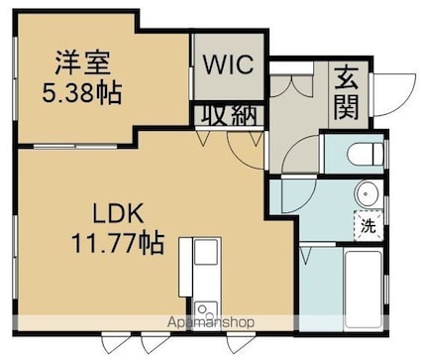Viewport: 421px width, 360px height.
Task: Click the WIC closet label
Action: pos(228,64)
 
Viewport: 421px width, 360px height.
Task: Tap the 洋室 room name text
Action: pos(82,62)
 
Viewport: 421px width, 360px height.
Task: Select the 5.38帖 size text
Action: pos(82,93)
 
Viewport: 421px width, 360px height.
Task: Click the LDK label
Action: pos(118,213)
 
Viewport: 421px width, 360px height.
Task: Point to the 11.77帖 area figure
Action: pos(118,243)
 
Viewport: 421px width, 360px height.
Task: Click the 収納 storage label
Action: pos(229,115)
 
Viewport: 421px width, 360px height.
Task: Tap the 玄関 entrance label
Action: pos(346,93)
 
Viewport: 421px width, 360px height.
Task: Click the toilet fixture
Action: pos(365,154)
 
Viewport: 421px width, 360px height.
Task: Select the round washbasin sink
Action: pos(368,193)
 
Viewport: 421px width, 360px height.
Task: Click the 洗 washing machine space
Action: pos(368,225)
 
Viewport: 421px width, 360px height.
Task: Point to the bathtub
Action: pos(364,290)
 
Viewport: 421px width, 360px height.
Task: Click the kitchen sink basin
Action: pos(205,252)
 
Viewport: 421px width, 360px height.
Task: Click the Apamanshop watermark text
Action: pos(211,321)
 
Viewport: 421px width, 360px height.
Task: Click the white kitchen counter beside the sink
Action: pos(185,267)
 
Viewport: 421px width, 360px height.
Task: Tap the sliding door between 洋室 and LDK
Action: pos(75,146)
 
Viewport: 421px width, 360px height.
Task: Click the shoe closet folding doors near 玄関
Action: pos(291,85)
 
